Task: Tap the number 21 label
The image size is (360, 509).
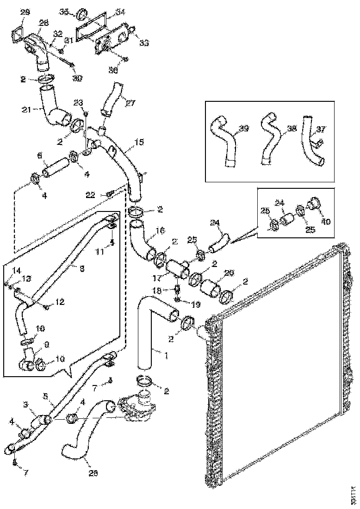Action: (26, 109)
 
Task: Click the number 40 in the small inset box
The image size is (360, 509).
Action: (326, 221)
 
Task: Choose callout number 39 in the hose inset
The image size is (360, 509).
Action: (243, 128)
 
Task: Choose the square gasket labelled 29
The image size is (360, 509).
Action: (17, 35)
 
